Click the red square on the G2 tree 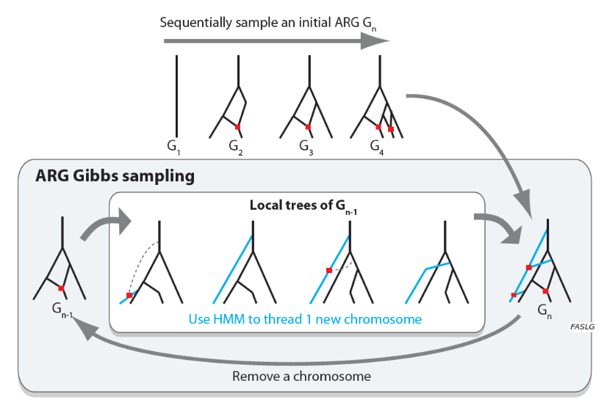(x=237, y=127)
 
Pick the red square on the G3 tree (x=308, y=127)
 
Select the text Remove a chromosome (x=301, y=376)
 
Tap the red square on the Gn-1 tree (x=62, y=288)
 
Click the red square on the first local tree (x=129, y=295)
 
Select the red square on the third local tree (x=328, y=270)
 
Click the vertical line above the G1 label (x=176, y=95)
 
